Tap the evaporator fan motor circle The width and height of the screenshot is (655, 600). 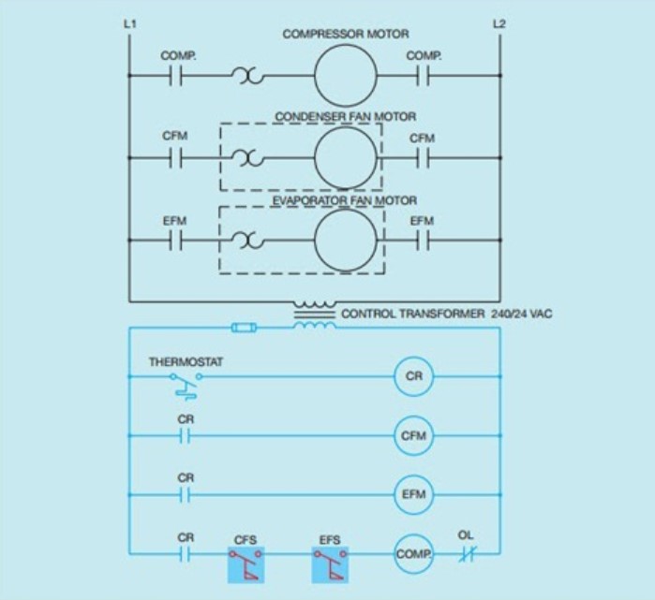[x=343, y=241]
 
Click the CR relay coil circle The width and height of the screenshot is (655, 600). [x=413, y=376]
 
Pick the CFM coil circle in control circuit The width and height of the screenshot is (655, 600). [x=413, y=435]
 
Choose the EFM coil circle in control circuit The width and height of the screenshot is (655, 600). [x=413, y=494]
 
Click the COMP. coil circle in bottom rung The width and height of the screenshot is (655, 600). [x=412, y=553]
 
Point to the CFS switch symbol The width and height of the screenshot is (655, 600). [x=246, y=564]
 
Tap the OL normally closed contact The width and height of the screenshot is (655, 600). [x=466, y=553]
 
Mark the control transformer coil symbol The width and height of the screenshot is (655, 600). [x=315, y=315]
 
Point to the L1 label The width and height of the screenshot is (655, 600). [x=129, y=23]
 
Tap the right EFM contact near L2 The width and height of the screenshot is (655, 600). [x=424, y=241]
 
